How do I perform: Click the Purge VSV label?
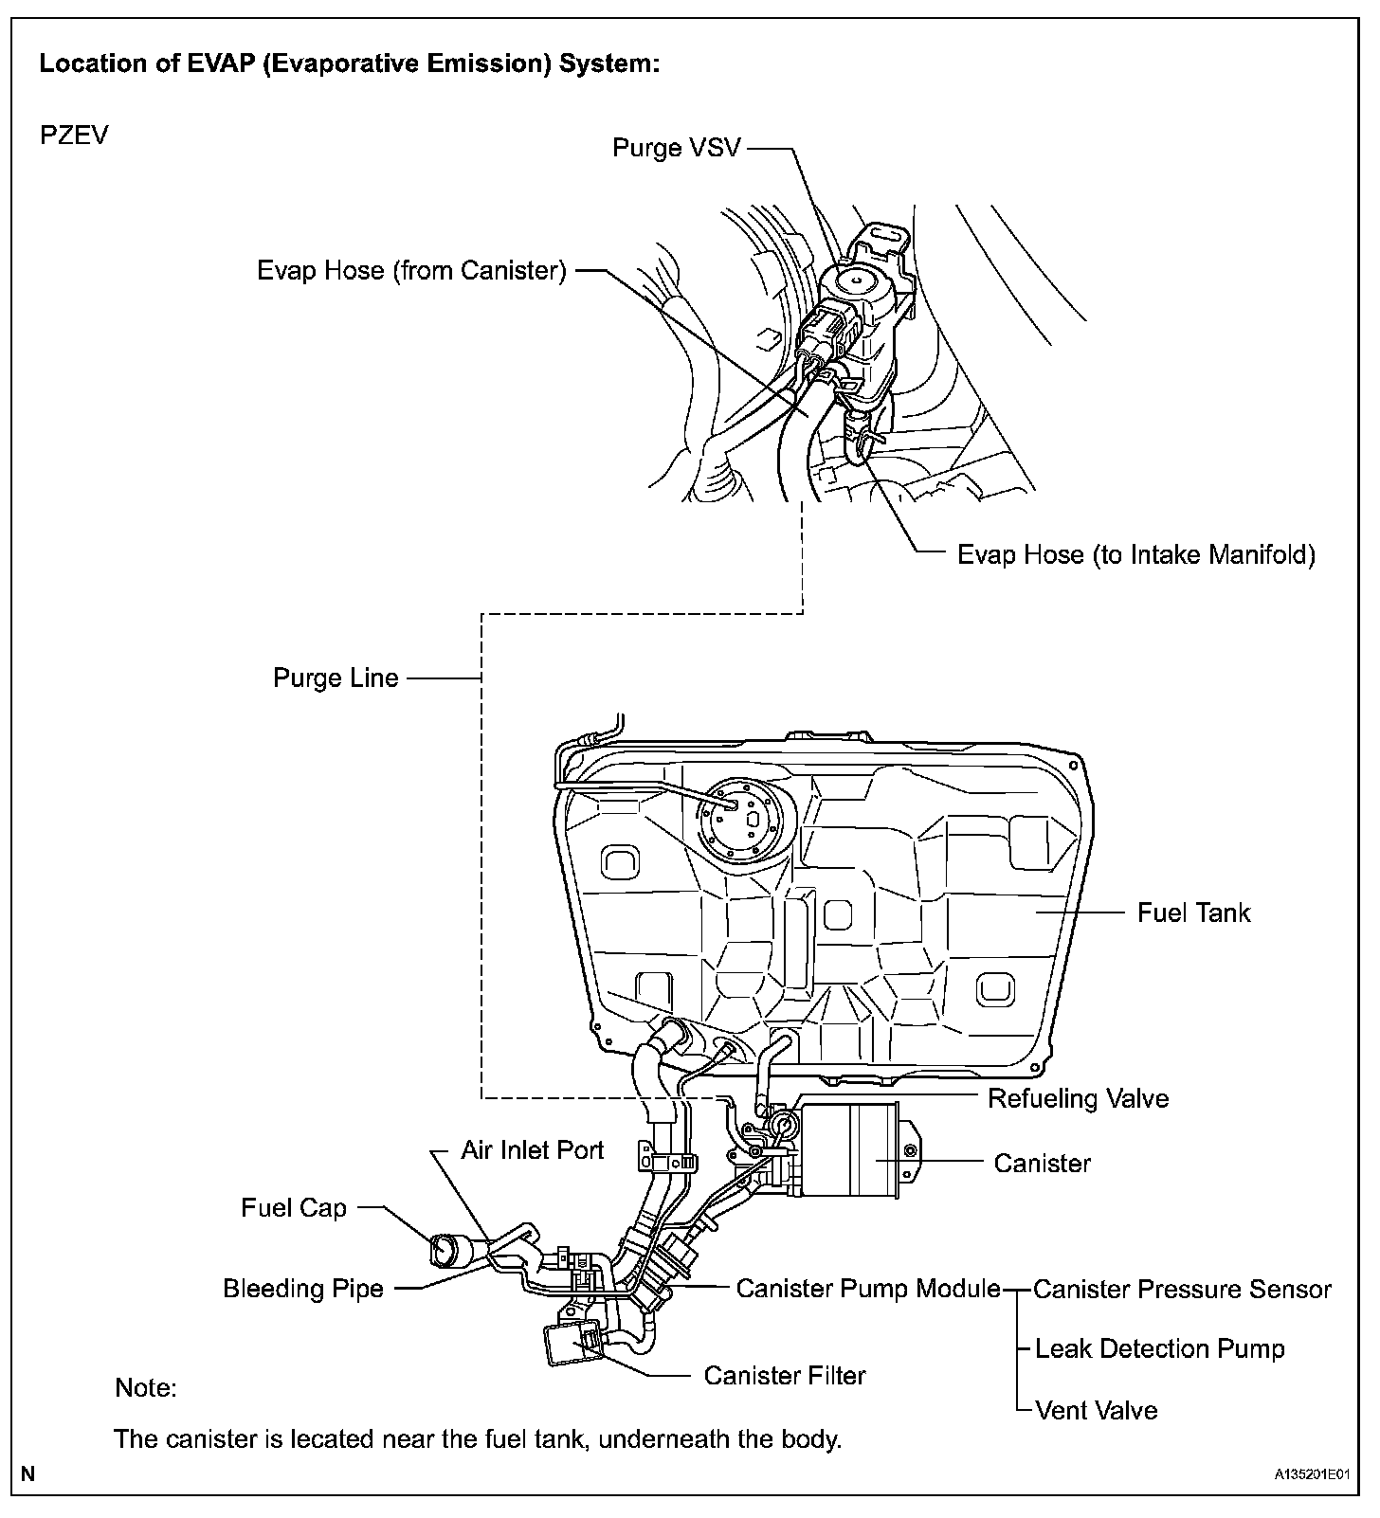click(x=676, y=148)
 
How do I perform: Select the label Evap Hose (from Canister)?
click(x=411, y=271)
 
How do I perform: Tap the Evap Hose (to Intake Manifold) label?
click(x=1135, y=554)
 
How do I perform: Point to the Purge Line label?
click(x=336, y=678)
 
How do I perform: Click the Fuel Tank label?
click(x=1193, y=913)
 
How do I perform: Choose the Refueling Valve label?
click(x=1078, y=1098)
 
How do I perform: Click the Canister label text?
click(x=1042, y=1163)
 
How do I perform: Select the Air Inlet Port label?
click(x=532, y=1150)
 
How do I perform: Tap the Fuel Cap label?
click(x=294, y=1208)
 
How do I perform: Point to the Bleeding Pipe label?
click(x=303, y=1289)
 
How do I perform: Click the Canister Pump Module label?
click(x=868, y=1289)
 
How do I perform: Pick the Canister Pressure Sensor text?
click(x=1182, y=1290)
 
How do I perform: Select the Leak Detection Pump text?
click(x=1159, y=1349)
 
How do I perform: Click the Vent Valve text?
click(x=1097, y=1411)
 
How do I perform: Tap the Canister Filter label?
click(x=785, y=1375)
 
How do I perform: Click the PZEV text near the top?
click(x=74, y=135)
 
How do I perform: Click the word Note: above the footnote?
click(x=146, y=1388)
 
